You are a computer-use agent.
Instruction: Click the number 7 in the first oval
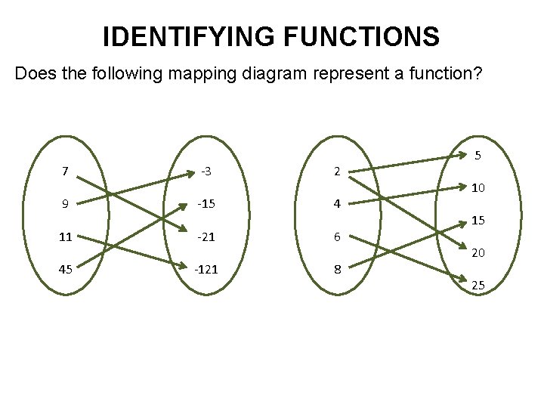click(65, 171)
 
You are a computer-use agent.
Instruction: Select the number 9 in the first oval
click(65, 203)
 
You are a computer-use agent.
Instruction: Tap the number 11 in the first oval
click(65, 236)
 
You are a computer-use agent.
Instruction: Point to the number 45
click(65, 269)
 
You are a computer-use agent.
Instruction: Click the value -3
click(205, 171)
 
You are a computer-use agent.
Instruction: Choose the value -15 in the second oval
click(206, 203)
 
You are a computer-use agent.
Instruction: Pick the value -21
click(206, 236)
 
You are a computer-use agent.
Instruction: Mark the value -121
click(206, 269)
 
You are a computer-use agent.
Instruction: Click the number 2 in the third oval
click(337, 171)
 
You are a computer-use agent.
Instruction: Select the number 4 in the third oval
click(337, 203)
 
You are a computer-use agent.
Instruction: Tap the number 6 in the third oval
click(337, 236)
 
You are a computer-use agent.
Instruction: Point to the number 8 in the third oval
click(337, 269)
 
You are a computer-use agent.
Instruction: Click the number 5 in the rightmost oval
click(478, 156)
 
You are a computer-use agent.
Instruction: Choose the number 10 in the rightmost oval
click(478, 187)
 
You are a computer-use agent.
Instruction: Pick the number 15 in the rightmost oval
click(478, 221)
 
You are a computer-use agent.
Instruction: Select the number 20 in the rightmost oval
click(478, 253)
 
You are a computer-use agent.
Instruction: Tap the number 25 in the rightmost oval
click(478, 286)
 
